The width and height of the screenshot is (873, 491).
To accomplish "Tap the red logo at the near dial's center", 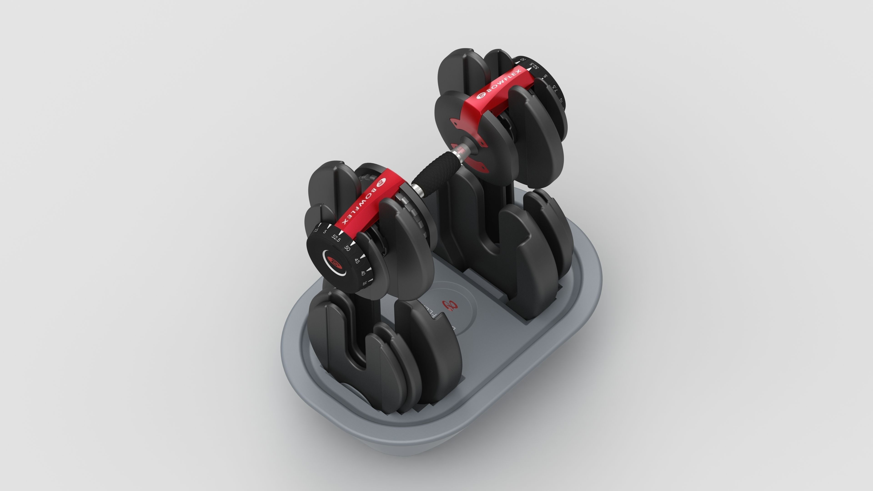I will coord(335,263).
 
